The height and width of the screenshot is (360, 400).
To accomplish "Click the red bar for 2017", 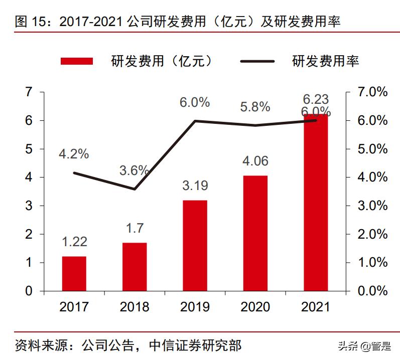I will [x=74, y=274].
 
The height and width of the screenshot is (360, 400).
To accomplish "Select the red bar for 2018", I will [x=135, y=267].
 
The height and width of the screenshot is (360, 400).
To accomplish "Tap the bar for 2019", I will [x=195, y=246].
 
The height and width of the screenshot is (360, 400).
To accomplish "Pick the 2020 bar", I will [x=255, y=233].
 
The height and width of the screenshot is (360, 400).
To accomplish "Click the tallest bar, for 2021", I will [x=316, y=203].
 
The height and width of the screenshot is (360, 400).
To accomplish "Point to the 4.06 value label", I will [x=255, y=161].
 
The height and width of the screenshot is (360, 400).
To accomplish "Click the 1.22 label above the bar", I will [x=74, y=242].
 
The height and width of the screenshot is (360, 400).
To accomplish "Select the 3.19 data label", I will [x=195, y=186].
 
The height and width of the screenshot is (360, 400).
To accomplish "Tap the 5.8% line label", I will [x=255, y=107].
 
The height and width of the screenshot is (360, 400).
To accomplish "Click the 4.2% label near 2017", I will [x=74, y=154].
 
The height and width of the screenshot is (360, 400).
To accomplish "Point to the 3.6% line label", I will [x=134, y=170].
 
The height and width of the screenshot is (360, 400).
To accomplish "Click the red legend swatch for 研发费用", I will [x=77, y=61].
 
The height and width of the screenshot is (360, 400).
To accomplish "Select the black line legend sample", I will [x=257, y=61].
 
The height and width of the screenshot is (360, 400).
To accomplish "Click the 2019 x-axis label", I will [x=195, y=307].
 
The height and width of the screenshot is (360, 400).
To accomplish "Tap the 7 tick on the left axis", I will [x=29, y=92].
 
